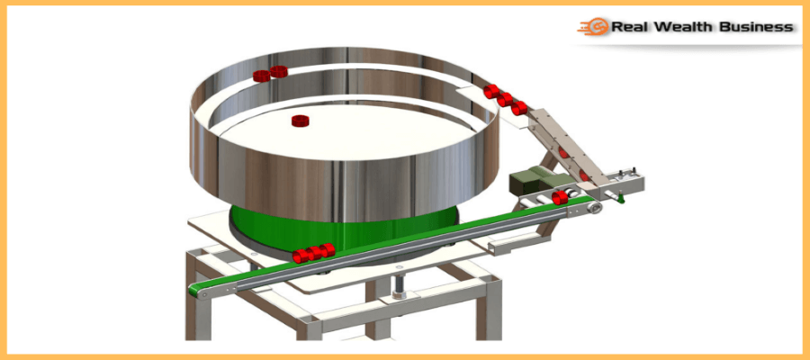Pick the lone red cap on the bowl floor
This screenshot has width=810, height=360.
[300, 121]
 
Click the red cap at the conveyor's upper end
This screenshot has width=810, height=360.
[560, 197]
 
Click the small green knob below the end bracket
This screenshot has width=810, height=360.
[621, 197]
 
